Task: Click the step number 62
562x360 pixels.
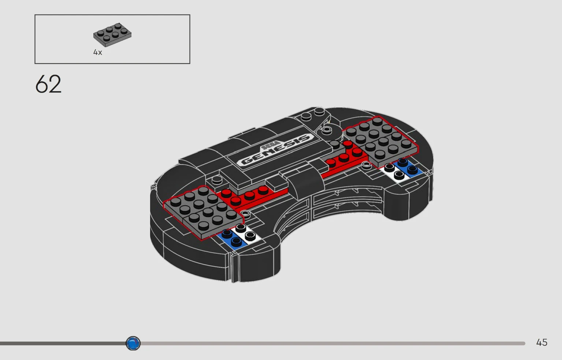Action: point(48,84)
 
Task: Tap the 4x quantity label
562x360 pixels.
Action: point(98,52)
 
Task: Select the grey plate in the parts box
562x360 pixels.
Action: point(112,35)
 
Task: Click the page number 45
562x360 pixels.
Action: point(541,342)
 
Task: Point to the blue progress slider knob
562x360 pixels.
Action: point(133,343)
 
